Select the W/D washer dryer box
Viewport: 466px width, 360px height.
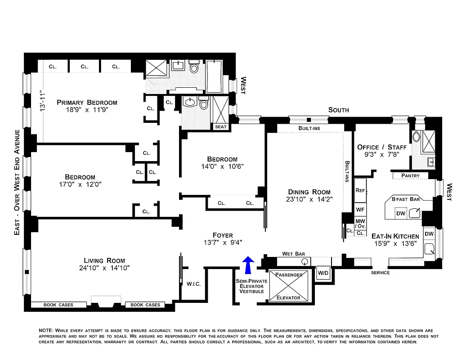[x=323, y=273]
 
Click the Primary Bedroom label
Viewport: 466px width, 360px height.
[x=87, y=103]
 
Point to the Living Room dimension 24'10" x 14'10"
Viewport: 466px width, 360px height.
[x=104, y=268]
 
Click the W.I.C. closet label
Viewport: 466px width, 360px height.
[x=193, y=283]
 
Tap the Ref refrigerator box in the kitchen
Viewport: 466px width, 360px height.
[x=360, y=190]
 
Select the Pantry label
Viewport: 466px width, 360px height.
[x=410, y=175]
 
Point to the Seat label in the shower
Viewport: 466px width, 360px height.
[x=221, y=127]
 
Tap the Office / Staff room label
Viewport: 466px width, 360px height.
[x=381, y=147]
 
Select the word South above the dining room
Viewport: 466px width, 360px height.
[x=339, y=110]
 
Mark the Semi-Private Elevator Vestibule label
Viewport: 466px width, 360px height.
[x=251, y=286]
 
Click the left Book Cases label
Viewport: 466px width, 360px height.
[x=58, y=305]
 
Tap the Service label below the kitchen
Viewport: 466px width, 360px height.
[x=380, y=273]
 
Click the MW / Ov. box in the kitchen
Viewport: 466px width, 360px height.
[x=360, y=223]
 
